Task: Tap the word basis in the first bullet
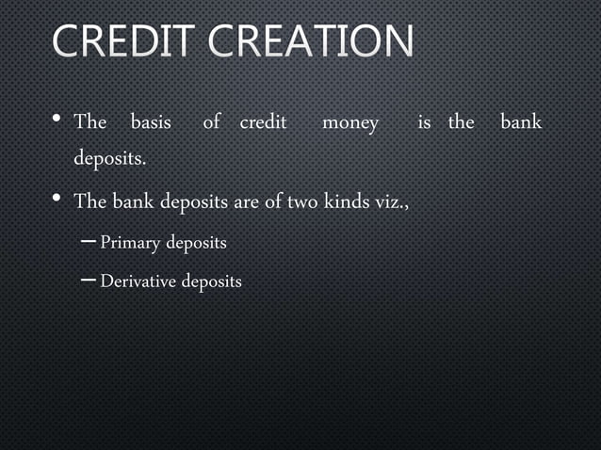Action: click(151, 122)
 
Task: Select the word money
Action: click(350, 122)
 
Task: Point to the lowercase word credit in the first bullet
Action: click(263, 122)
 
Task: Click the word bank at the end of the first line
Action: click(521, 122)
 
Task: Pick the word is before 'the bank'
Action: click(425, 122)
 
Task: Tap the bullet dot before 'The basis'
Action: click(57, 120)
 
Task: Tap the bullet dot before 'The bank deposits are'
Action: click(57, 199)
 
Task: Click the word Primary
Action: click(130, 243)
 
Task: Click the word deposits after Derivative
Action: click(211, 282)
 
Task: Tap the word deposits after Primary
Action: click(196, 244)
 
